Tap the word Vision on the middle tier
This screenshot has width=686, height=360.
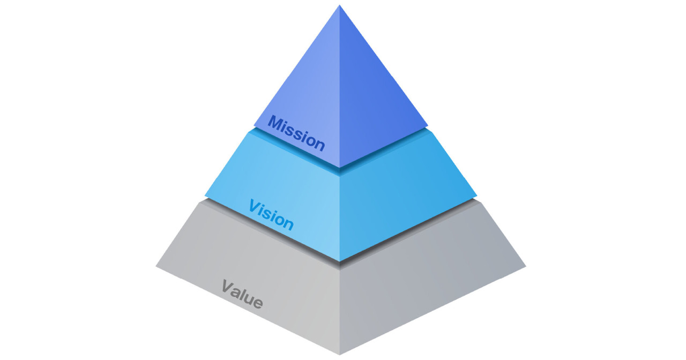coord(271,215)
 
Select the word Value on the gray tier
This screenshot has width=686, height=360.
coord(242,294)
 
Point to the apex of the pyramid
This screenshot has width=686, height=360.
coord(339,5)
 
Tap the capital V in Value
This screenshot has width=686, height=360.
coord(228,287)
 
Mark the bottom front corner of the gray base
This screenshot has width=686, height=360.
coord(339,355)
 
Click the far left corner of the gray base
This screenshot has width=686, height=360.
coord(156,267)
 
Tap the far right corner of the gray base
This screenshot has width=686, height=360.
coord(526,266)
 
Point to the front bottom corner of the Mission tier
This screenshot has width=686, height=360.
coord(339,168)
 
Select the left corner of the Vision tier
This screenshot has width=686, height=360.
coord(205,196)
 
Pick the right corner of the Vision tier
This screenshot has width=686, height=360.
coord(476,195)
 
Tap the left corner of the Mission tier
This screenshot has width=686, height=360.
coord(254,125)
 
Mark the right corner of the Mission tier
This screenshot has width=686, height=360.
coord(428,125)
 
